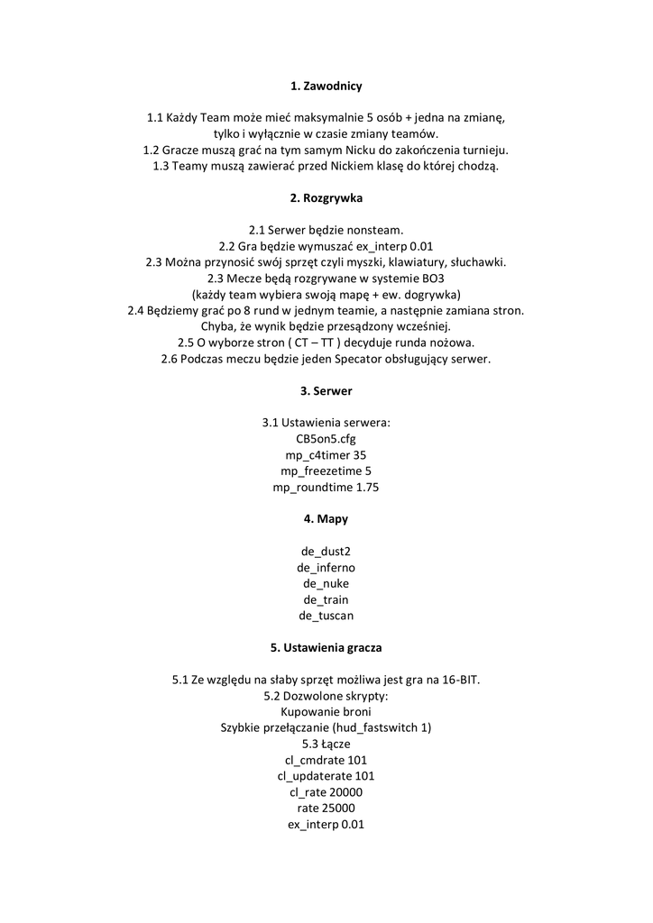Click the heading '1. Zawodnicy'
click(326, 87)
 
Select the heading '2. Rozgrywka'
click(326, 197)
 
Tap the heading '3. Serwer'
click(326, 391)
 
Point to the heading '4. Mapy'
click(326, 519)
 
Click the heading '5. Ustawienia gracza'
click(326, 647)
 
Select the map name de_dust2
click(326, 552)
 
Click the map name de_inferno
click(326, 568)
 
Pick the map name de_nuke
click(326, 584)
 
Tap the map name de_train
click(326, 600)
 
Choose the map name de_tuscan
click(326, 617)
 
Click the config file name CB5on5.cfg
click(326, 439)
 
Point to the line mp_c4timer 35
click(326, 455)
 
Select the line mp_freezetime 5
click(326, 471)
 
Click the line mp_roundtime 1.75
click(326, 488)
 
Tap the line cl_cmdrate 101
click(326, 760)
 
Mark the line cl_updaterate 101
click(326, 776)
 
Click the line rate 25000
click(326, 809)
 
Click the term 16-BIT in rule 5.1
click(457, 680)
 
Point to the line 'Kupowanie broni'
click(326, 712)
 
